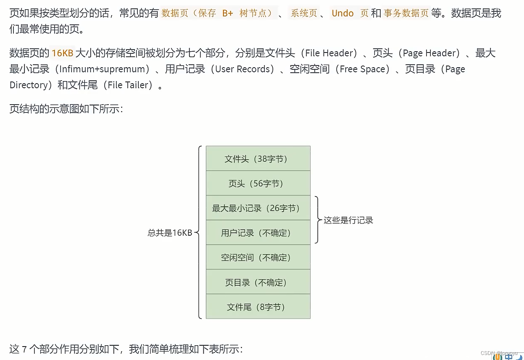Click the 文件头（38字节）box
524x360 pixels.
coord(258,159)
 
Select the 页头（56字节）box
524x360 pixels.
coord(258,183)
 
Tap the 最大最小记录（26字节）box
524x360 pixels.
coord(258,208)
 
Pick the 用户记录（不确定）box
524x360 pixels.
coord(258,233)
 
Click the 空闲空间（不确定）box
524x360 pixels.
coord(258,258)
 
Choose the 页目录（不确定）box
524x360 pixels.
coord(258,282)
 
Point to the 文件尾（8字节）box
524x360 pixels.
coord(258,307)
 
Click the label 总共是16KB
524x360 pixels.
coord(169,233)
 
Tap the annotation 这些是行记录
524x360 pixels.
coord(348,220)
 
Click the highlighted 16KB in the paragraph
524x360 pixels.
coord(63,53)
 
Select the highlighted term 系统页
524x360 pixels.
coord(304,13)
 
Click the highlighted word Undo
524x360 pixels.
coord(342,13)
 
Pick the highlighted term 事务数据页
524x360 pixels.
coord(406,13)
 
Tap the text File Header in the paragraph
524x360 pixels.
coord(329,53)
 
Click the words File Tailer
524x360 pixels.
coord(130,85)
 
